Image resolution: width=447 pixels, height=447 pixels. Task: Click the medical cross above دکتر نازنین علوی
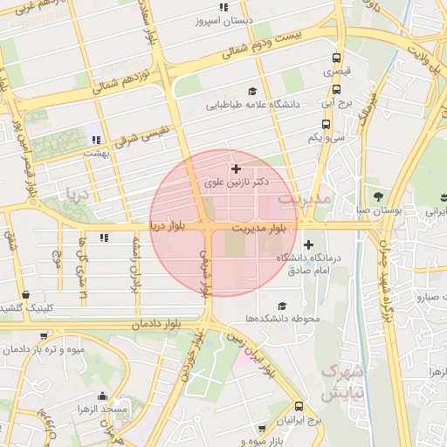point(236,168)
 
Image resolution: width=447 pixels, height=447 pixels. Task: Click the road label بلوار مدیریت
point(260,228)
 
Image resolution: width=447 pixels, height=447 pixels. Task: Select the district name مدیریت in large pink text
point(305,200)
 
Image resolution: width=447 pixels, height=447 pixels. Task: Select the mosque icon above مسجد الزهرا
point(104,395)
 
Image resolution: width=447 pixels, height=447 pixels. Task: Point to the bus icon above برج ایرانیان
point(299,407)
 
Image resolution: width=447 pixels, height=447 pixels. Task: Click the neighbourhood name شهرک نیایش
point(339,382)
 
